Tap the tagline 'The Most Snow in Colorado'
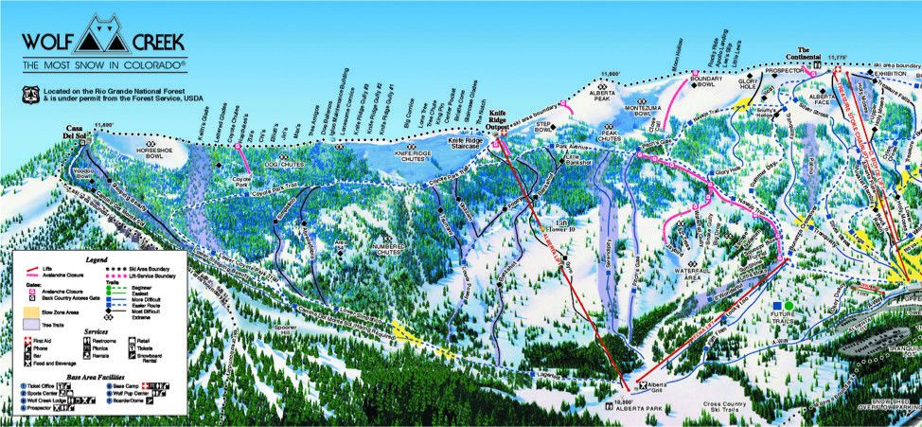point(104,66)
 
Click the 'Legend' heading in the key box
point(97,258)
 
